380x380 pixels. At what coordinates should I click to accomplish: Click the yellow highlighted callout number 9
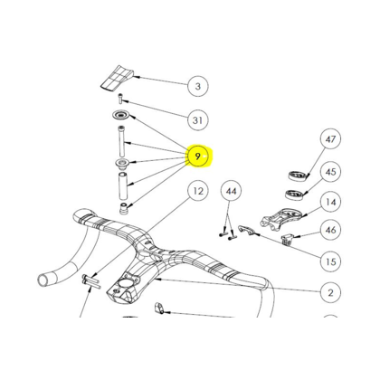click(198, 157)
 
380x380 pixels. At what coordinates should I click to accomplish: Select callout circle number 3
click(198, 86)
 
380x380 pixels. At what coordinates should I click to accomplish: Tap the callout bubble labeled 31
click(198, 120)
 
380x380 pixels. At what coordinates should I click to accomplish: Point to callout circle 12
click(198, 191)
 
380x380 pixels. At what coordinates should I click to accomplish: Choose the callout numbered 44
click(232, 191)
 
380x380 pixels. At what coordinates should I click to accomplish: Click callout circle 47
click(330, 139)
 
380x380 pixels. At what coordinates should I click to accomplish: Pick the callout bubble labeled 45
click(330, 172)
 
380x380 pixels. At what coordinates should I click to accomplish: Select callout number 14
click(330, 202)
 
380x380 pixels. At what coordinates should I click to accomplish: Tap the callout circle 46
click(330, 230)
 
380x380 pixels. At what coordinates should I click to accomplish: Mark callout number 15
click(330, 261)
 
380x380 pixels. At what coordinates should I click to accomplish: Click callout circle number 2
click(330, 292)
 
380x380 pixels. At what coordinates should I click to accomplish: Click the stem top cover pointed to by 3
click(117, 77)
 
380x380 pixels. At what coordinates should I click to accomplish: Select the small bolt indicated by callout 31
click(121, 98)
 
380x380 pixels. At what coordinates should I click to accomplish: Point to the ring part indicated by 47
click(299, 176)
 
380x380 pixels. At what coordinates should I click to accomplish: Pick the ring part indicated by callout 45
click(295, 195)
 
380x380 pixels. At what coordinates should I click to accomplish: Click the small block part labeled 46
click(287, 239)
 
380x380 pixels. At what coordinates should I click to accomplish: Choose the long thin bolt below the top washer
click(121, 140)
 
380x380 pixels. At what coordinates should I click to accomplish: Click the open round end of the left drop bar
click(43, 280)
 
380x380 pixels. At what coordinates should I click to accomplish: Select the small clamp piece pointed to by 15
click(246, 230)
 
